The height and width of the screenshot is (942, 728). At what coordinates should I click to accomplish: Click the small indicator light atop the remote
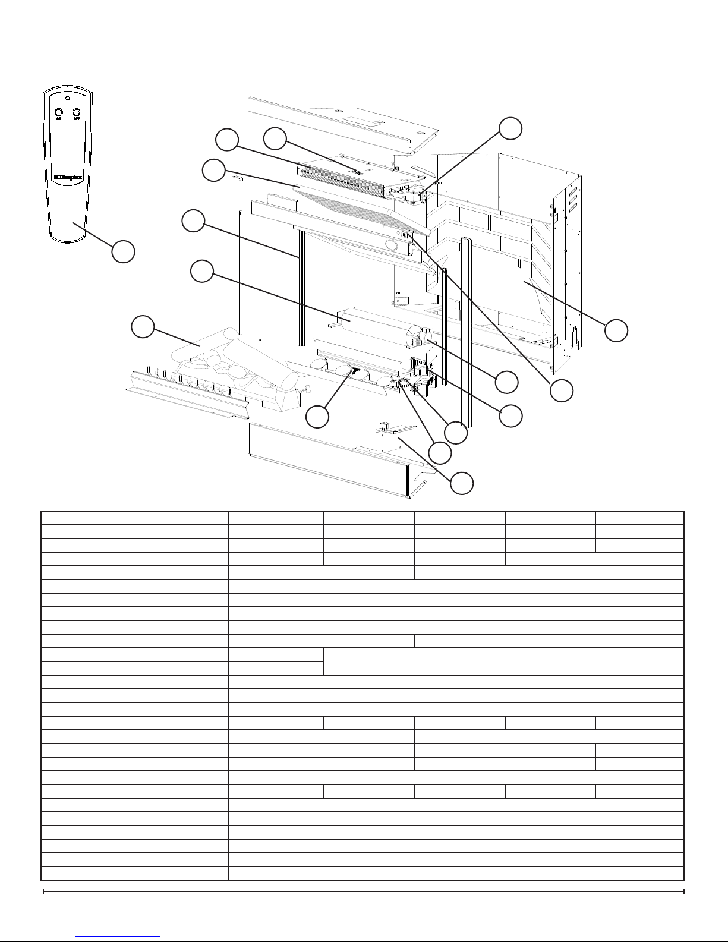pos(68,98)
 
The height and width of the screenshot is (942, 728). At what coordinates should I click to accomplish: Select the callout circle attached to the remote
pos(123,251)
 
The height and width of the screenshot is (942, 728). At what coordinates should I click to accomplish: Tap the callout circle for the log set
pos(143,328)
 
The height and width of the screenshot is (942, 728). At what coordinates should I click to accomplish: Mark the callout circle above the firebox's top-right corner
pos(510,128)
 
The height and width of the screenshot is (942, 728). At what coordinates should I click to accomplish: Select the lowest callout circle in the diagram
pos(462,483)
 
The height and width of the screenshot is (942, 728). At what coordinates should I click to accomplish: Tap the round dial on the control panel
pos(391,244)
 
